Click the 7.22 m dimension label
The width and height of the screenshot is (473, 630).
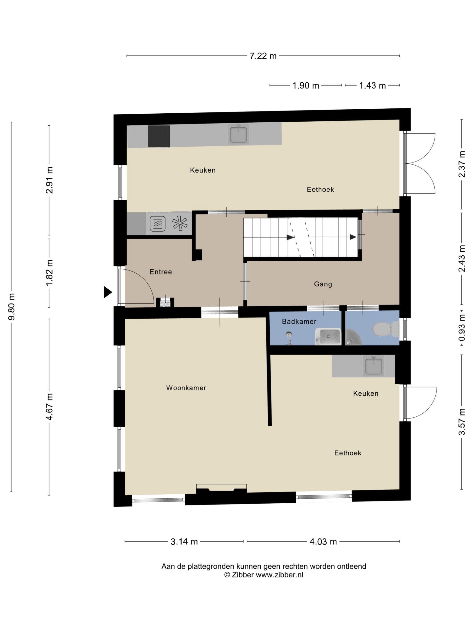click(263, 56)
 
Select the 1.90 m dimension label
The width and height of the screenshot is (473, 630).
click(306, 86)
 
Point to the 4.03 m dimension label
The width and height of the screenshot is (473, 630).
click(323, 541)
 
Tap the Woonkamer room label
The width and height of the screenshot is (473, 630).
click(186, 388)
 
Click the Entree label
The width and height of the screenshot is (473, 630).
click(161, 272)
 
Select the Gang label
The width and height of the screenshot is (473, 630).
click(323, 284)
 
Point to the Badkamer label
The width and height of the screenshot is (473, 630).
click(299, 321)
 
